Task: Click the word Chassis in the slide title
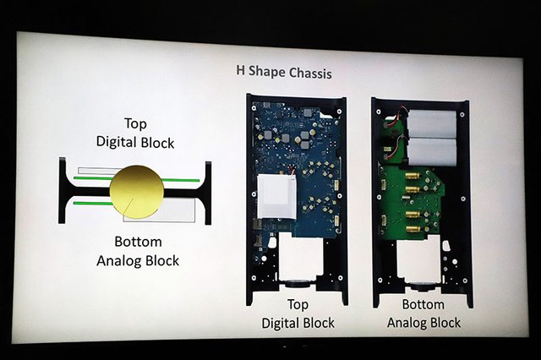pos(310,73)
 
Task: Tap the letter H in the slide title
pos(240,70)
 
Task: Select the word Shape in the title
pos(267,72)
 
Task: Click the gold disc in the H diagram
pos(137,192)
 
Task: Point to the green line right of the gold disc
pos(180,180)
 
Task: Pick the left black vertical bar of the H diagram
pos(62,190)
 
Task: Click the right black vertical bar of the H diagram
pos(208,194)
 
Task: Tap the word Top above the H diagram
pos(135,123)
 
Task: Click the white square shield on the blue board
pos(276,197)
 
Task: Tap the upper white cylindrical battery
pos(432,123)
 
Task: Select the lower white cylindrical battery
pos(432,152)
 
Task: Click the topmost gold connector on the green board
pos(413,177)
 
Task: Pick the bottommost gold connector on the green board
pos(413,229)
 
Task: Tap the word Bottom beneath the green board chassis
pos(423,304)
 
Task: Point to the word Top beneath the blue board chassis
pos(298,305)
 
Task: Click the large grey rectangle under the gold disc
pos(160,210)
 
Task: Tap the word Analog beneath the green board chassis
pos(407,323)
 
